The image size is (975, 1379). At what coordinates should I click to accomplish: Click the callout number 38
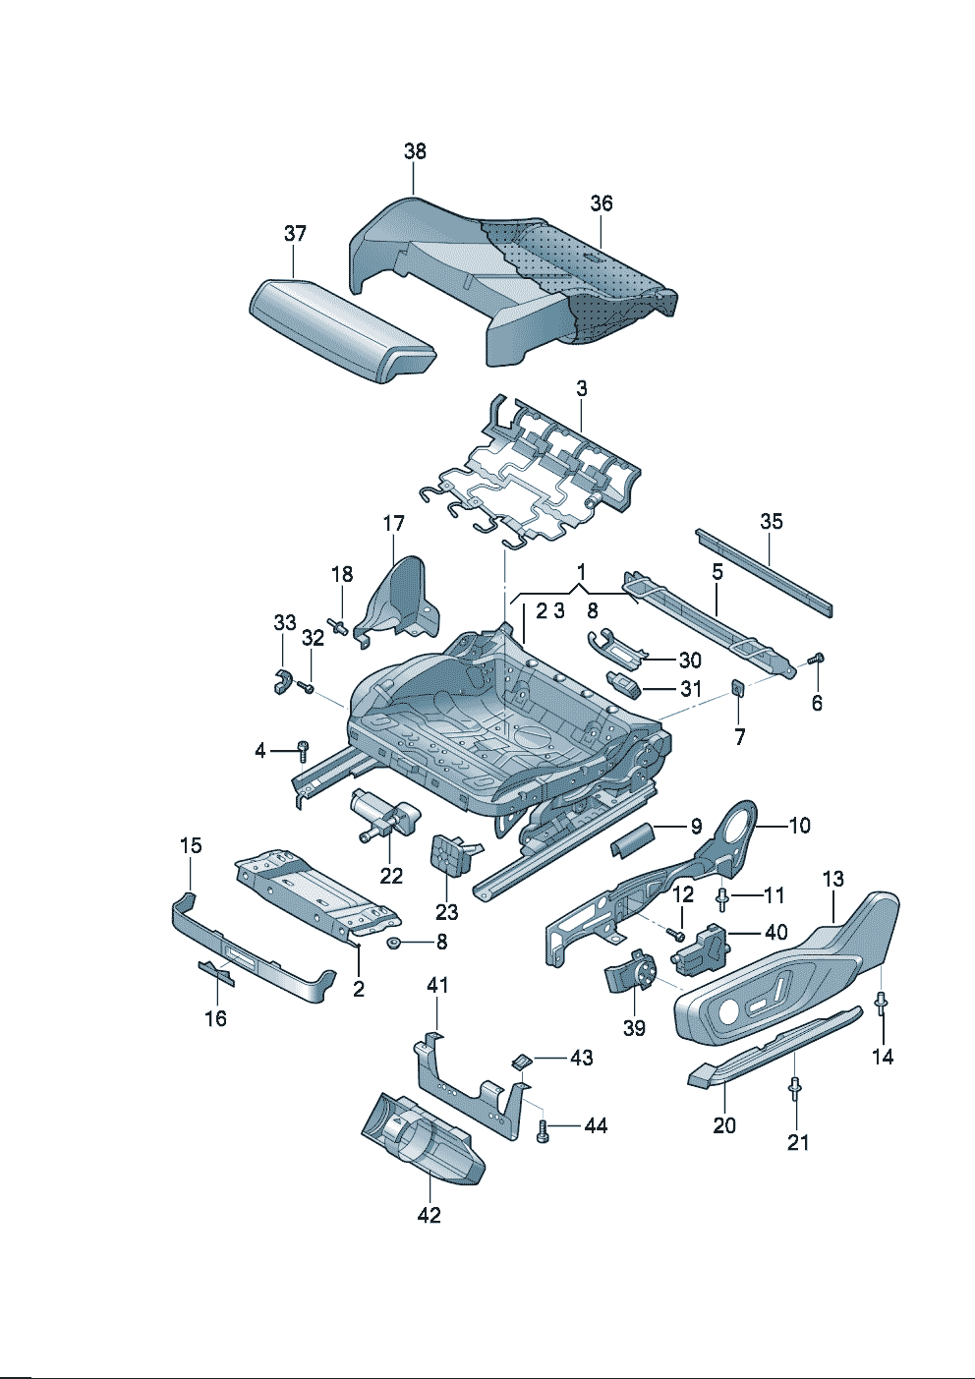[x=415, y=151]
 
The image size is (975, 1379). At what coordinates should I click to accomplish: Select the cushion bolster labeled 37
[x=339, y=329]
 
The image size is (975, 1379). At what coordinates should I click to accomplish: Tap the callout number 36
[x=601, y=203]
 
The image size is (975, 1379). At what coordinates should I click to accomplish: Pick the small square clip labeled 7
[x=737, y=688]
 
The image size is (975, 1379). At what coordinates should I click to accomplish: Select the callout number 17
[x=393, y=524]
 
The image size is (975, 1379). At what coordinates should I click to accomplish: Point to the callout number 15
[x=191, y=845]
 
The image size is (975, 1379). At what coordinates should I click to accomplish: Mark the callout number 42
[x=429, y=1215]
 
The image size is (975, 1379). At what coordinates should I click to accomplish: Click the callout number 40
[x=775, y=932]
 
